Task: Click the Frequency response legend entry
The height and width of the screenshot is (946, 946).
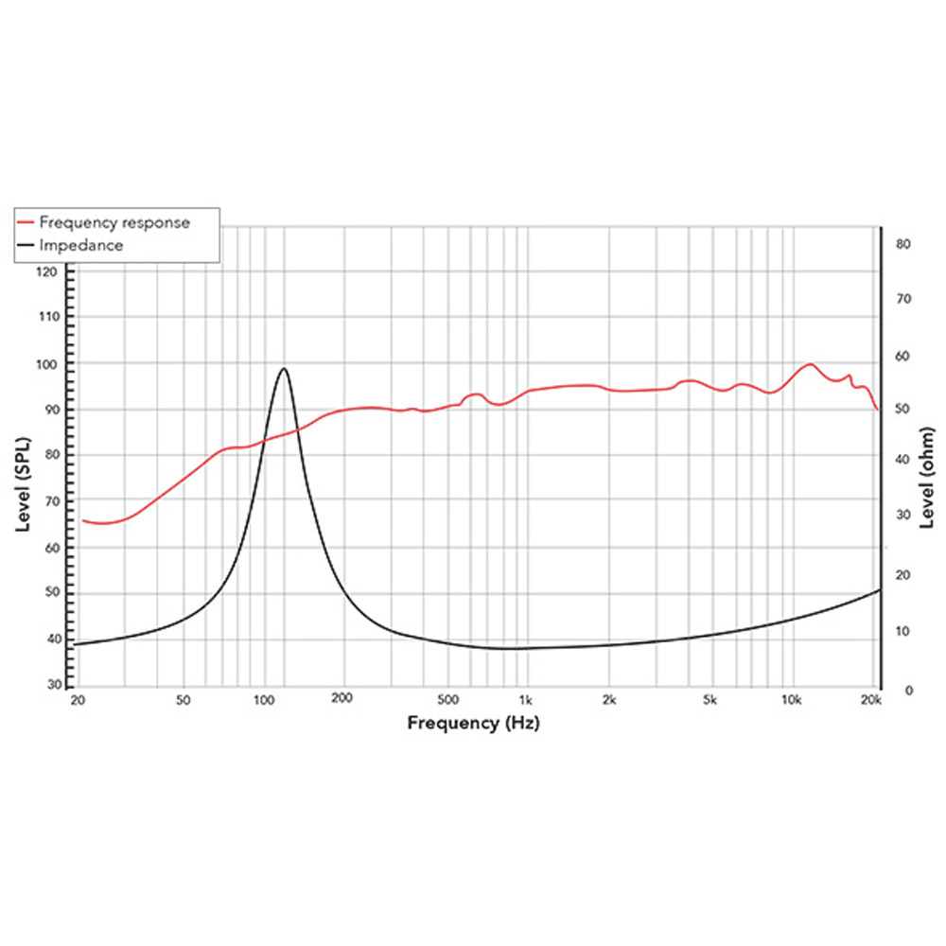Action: coord(114,222)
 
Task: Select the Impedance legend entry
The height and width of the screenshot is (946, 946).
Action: coord(80,245)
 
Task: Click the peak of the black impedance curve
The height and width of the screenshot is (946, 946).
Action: coord(284,368)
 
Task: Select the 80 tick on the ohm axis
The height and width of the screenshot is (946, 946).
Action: coord(902,244)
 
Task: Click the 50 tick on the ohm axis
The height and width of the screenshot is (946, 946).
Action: coord(902,408)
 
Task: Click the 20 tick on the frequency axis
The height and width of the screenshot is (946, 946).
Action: coord(79,701)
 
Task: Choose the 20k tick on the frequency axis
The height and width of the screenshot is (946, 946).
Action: coord(871,701)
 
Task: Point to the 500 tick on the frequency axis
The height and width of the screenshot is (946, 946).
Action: coord(448,701)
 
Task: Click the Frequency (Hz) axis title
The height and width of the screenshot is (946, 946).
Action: coord(474,724)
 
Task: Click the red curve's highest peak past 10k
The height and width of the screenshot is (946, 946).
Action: coord(810,363)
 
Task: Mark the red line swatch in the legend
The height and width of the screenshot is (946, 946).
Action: coord(26,222)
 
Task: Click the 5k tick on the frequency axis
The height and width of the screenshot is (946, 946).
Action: coord(710,701)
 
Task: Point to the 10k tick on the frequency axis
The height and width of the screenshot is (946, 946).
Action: coord(792,701)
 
